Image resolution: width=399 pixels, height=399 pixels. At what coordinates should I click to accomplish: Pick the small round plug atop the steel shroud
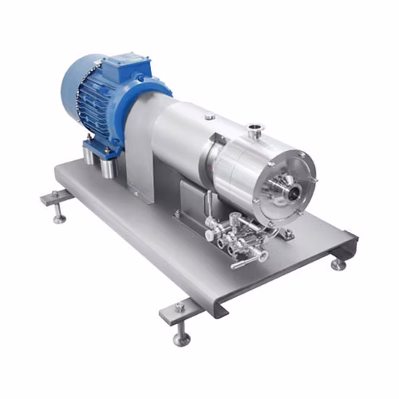(209, 116)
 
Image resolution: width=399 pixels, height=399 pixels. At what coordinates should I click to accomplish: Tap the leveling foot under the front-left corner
(181, 336)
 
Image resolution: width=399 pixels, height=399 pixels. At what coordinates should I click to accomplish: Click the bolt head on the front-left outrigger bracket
(179, 308)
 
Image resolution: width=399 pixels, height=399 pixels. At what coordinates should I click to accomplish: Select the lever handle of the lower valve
(247, 260)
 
